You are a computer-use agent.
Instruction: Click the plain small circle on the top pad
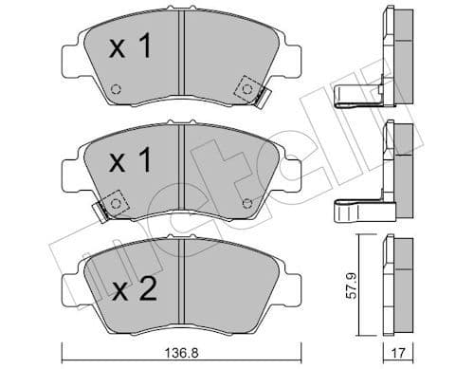(x=115, y=91)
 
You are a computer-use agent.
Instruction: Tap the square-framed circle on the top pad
(x=249, y=87)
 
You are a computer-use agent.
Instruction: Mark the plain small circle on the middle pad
(x=247, y=201)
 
